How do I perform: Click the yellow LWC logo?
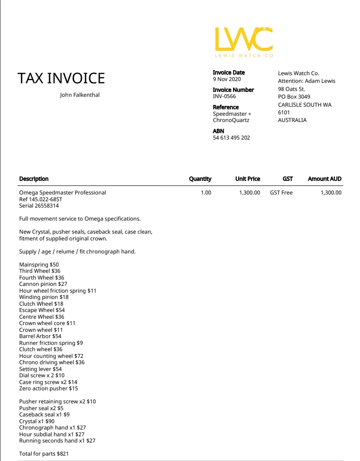pyautogui.click(x=244, y=39)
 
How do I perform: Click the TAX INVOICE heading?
pyautogui.click(x=61, y=78)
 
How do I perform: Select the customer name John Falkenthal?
pyautogui.click(x=80, y=95)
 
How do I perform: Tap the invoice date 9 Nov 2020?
pyautogui.click(x=227, y=79)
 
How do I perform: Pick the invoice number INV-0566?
pyautogui.click(x=224, y=96)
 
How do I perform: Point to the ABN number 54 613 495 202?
pyautogui.click(x=231, y=138)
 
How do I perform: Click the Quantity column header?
pyautogui.click(x=200, y=179)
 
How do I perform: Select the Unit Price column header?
pyautogui.click(x=247, y=179)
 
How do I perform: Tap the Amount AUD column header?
pyautogui.click(x=324, y=179)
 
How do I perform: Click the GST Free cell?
pyautogui.click(x=281, y=193)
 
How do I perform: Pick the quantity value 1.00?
pyautogui.click(x=206, y=193)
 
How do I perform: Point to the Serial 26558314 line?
pyautogui.click(x=39, y=206)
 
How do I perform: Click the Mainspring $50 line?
pyautogui.click(x=39, y=265)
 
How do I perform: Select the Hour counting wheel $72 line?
pyautogui.click(x=51, y=356)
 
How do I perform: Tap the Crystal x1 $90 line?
pyautogui.click(x=37, y=421)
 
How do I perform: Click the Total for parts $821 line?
pyautogui.click(x=44, y=454)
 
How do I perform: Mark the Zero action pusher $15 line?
pyautogui.click(x=49, y=389)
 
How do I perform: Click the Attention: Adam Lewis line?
pyautogui.click(x=306, y=81)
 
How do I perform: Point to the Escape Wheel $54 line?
pyautogui.click(x=42, y=310)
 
